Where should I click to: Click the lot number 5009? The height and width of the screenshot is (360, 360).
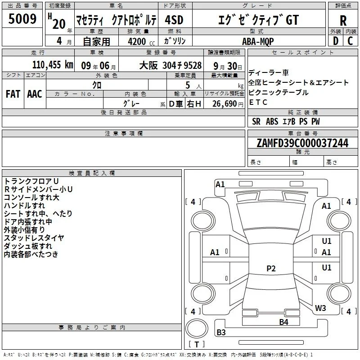tap(22, 18)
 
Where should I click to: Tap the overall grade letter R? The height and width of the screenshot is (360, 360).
tap(343, 21)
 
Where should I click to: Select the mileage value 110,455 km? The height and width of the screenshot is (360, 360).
tap(53, 65)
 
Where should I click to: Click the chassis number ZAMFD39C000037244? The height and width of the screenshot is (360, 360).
tap(302, 143)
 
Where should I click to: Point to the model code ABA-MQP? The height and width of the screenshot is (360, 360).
tap(258, 41)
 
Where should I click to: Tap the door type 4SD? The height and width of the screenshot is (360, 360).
tap(174, 20)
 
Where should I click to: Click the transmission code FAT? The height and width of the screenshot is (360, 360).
tap(13, 94)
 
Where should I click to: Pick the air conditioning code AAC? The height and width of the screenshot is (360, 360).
tap(35, 94)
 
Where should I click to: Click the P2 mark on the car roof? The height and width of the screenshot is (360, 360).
tap(271, 268)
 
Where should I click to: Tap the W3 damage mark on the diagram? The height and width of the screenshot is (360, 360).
tap(320, 308)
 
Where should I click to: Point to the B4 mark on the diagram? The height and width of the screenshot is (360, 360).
tap(284, 322)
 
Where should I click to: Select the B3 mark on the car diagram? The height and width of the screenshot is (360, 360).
tap(221, 332)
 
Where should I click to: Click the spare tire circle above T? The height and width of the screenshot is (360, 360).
tap(197, 328)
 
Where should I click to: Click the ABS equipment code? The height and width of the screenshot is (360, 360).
tap(272, 121)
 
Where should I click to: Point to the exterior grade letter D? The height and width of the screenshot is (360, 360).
tap(336, 41)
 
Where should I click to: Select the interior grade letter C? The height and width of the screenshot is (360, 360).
tap(350, 41)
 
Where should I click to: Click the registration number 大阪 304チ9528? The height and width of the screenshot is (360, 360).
tap(171, 66)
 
